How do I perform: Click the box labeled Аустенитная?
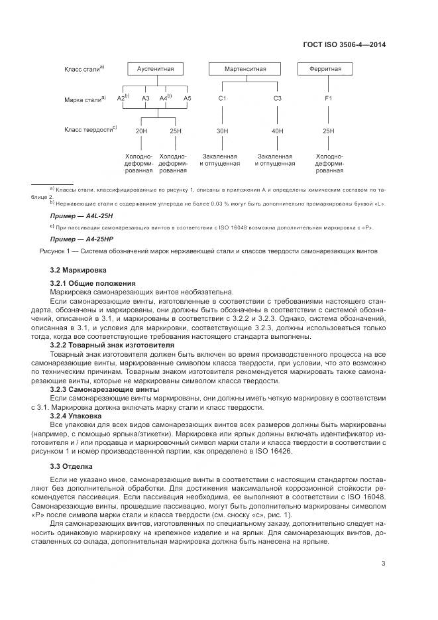[x=156, y=69]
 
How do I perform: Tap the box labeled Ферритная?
[x=329, y=69]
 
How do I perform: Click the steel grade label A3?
[x=145, y=99]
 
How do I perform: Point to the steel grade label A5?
[x=188, y=99]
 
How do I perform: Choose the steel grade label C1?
[x=222, y=99]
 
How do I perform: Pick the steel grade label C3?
[x=278, y=99]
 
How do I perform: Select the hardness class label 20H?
[x=141, y=131]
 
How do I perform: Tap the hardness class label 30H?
[x=222, y=131]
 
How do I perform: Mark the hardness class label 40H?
[x=278, y=131]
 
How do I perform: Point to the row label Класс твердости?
[x=90, y=130]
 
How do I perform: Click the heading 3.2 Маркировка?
[x=78, y=271]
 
